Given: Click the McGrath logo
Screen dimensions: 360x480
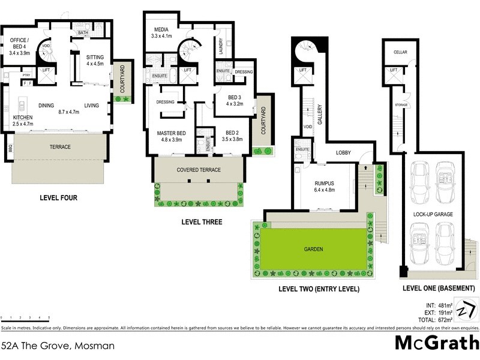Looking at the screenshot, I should click(436, 343).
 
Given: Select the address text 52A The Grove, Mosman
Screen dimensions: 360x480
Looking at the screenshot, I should click(58, 346).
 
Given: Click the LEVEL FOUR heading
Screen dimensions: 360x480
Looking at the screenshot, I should click(59, 197).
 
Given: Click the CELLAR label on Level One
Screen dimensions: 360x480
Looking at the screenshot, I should click(400, 52).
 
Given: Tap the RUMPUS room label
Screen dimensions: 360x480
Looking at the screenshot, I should click(323, 184).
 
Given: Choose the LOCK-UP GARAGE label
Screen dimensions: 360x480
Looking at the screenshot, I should click(433, 214).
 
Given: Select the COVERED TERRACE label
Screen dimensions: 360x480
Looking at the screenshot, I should click(198, 170).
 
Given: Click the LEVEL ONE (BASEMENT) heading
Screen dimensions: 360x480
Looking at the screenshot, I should click(439, 289).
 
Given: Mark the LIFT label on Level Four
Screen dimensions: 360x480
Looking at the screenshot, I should click(45, 70).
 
